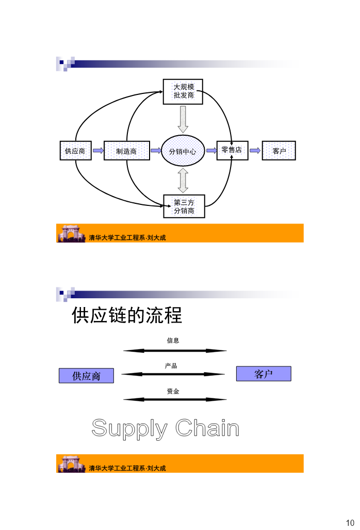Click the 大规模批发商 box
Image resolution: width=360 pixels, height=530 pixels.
pos(183,91)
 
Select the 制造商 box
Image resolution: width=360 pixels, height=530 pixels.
pos(127,151)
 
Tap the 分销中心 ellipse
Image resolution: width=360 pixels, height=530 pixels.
pos(183,151)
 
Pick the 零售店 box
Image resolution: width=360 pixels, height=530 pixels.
pos(232,150)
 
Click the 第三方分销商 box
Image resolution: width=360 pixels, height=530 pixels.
pos(184,206)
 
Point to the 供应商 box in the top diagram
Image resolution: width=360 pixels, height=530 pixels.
pos(76,151)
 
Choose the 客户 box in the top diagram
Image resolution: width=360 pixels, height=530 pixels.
pos(279,151)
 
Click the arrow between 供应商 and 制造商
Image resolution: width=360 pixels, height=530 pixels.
pos(99,150)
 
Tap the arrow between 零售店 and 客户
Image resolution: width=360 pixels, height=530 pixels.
pos(255,150)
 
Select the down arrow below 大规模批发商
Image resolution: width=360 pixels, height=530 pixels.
pos(183,119)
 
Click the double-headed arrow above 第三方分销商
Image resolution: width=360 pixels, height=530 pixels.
pos(183,181)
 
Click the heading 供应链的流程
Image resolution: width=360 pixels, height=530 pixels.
pos(127,315)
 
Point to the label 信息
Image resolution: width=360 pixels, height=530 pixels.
pos(173,341)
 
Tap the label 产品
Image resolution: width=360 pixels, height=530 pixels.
pos(171,366)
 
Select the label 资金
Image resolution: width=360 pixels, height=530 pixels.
pos(173,391)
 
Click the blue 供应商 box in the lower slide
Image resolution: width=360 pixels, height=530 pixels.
pos(87,376)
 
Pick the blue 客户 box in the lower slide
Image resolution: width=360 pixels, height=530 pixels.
pos(264,374)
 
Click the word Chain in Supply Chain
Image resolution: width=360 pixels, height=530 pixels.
pos(207,428)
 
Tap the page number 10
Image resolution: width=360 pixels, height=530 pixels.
pos(350,523)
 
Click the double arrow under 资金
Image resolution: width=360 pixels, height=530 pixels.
pos(175,399)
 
